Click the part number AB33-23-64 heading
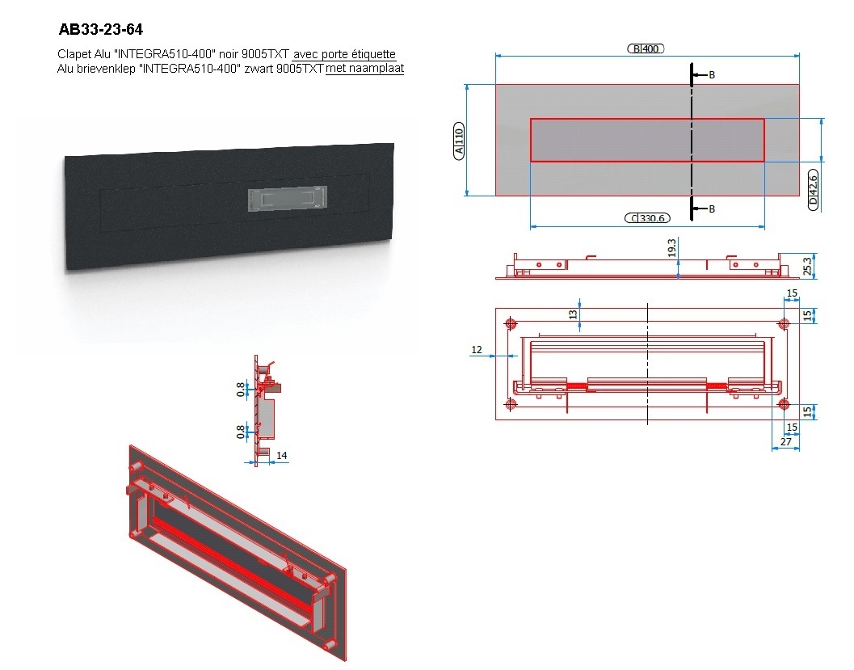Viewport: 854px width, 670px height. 101,29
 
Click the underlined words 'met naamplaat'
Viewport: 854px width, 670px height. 365,68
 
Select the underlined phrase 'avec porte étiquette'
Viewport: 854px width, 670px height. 344,54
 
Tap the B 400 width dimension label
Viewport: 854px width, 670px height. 646,48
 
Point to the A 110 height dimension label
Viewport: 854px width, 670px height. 459,141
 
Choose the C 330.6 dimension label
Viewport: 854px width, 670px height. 647,218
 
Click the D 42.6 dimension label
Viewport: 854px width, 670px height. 813,190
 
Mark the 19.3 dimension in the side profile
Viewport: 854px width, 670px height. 671,248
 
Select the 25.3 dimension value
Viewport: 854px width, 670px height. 808,266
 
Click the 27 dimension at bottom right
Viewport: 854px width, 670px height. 785,442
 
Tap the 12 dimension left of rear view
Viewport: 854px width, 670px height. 477,350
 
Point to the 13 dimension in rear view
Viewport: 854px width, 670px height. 572,314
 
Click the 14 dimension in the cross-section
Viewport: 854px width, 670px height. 282,455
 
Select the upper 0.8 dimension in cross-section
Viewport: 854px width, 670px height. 241,390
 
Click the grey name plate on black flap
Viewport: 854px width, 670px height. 288,198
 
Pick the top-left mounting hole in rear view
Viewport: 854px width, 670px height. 511,324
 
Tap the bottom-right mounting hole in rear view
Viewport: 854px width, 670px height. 784,404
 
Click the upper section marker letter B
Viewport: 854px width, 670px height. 711,75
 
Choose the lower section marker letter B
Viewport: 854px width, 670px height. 711,209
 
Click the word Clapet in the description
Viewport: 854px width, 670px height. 73,54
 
